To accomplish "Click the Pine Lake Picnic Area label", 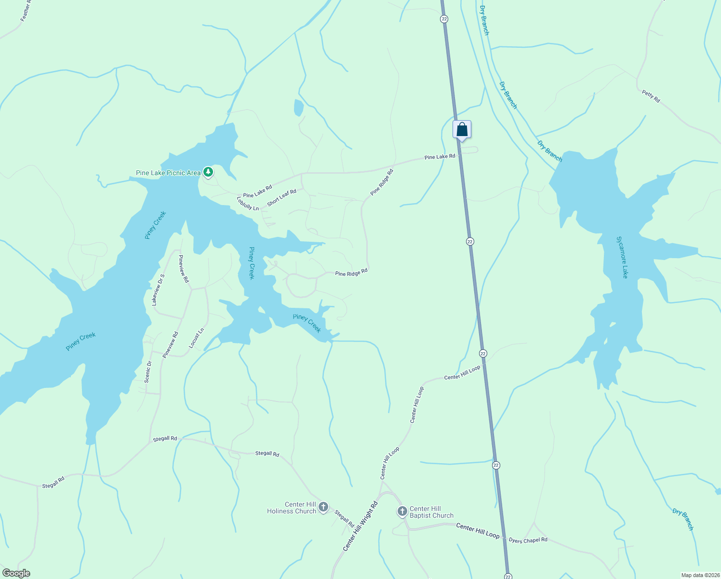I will pos(168,173).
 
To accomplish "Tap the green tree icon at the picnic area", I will pos(208,172).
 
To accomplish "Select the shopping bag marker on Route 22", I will pos(462,130).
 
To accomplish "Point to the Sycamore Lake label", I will pos(623,257).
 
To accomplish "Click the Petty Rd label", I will pos(651,96).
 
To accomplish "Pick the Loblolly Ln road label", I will pos(248,203).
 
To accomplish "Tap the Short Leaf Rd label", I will pos(281,197).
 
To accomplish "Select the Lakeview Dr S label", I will pos(158,289).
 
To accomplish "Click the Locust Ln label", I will pos(197,338).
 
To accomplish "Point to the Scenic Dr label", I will pos(148,372).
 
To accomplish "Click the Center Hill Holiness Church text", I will pos(292,508).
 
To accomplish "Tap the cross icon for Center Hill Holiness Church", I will pos(323,507).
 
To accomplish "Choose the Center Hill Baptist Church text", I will pos(431,512).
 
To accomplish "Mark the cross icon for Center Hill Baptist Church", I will pos(402,511).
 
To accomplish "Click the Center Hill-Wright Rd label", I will pos(360,526).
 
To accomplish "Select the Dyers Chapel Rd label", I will pos(528,540).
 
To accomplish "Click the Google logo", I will pos(16,573).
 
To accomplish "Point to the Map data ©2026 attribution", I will pos(700,575).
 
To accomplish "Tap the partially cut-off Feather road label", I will pos(25,12).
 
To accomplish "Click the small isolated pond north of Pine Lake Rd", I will pos(299,108).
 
